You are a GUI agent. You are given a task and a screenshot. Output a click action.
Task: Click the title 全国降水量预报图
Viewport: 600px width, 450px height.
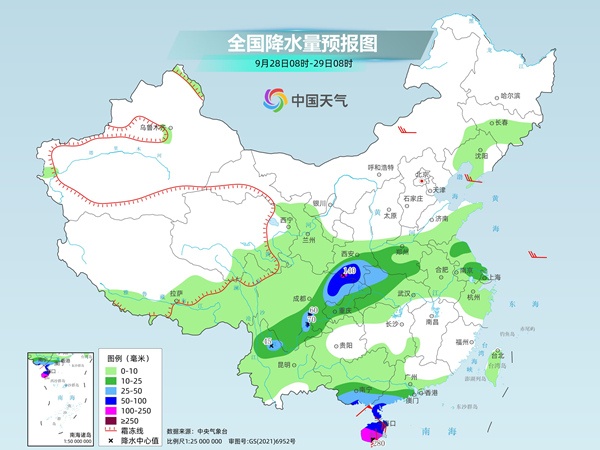[x=300, y=43]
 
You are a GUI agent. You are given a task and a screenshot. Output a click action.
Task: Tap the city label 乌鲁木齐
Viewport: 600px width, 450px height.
[x=151, y=127]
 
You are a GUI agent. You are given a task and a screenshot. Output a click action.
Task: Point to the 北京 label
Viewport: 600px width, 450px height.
[x=422, y=174]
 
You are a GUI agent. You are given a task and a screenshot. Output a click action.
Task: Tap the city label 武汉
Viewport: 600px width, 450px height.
[x=405, y=293]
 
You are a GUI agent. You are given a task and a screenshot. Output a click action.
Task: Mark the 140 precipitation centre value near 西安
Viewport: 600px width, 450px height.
[x=350, y=271]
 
